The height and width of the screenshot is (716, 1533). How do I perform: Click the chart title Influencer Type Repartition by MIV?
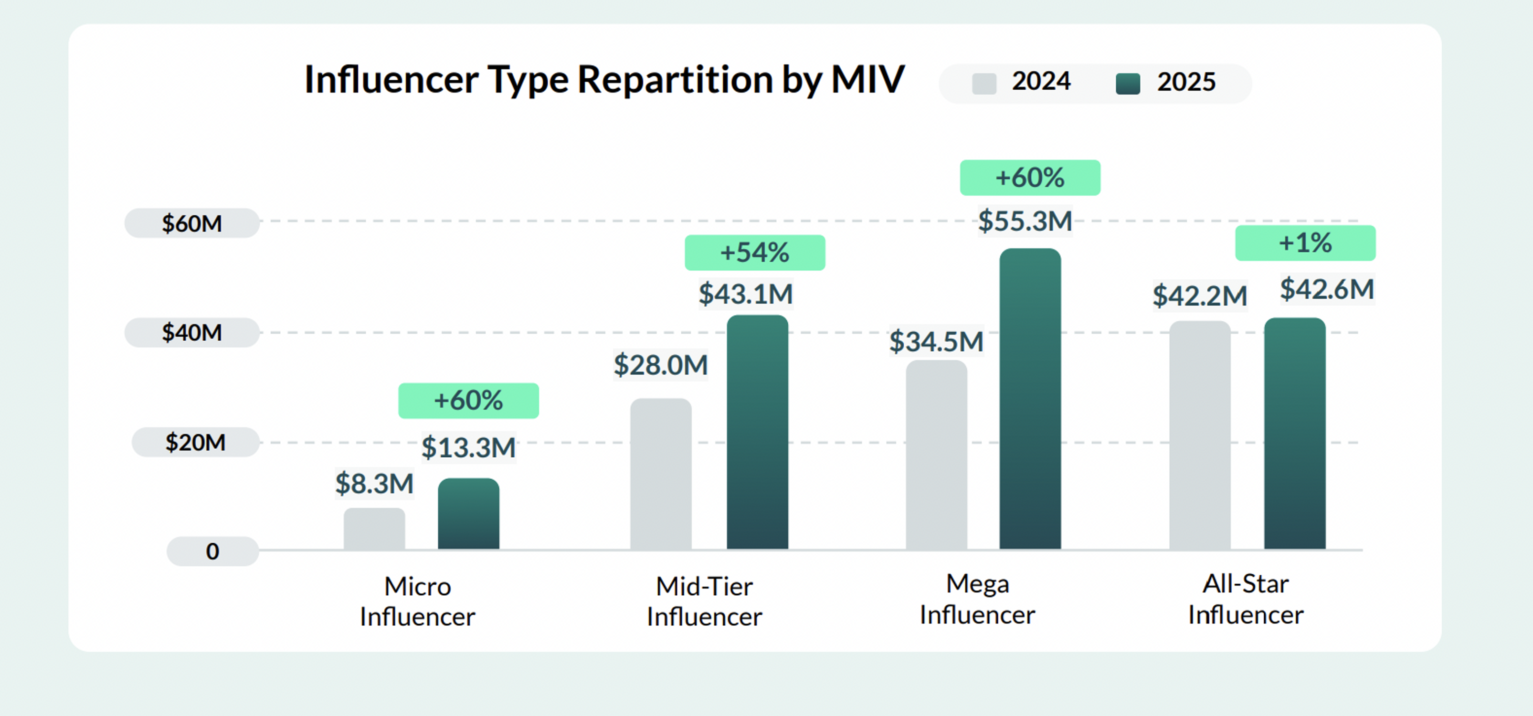click(x=603, y=80)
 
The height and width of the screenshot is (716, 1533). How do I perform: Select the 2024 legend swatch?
click(x=983, y=84)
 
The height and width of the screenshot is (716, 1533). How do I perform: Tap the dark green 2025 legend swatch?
click(x=1128, y=84)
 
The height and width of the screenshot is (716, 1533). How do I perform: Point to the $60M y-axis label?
click(x=191, y=223)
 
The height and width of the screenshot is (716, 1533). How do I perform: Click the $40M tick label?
click(x=191, y=332)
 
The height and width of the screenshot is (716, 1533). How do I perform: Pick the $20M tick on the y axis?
click(x=195, y=442)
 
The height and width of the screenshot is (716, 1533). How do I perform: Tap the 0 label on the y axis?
click(x=212, y=551)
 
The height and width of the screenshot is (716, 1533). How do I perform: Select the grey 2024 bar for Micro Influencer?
click(x=374, y=528)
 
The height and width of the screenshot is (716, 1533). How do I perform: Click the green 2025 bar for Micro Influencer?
click(x=468, y=514)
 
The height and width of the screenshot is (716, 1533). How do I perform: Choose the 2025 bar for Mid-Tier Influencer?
click(x=757, y=432)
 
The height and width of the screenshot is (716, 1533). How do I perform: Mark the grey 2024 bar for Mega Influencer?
click(x=936, y=455)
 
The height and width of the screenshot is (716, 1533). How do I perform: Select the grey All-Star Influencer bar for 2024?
click(x=1199, y=435)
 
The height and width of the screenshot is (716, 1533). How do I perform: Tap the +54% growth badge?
click(x=755, y=253)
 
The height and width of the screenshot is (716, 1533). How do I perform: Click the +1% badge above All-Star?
click(x=1305, y=243)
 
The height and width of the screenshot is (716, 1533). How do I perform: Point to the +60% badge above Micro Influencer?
click(x=468, y=400)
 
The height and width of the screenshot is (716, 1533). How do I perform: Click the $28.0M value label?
click(x=661, y=365)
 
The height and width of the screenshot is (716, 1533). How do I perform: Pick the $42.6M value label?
click(x=1326, y=289)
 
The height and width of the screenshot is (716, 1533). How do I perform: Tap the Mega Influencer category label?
click(x=977, y=599)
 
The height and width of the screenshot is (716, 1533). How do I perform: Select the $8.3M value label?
click(x=374, y=483)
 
